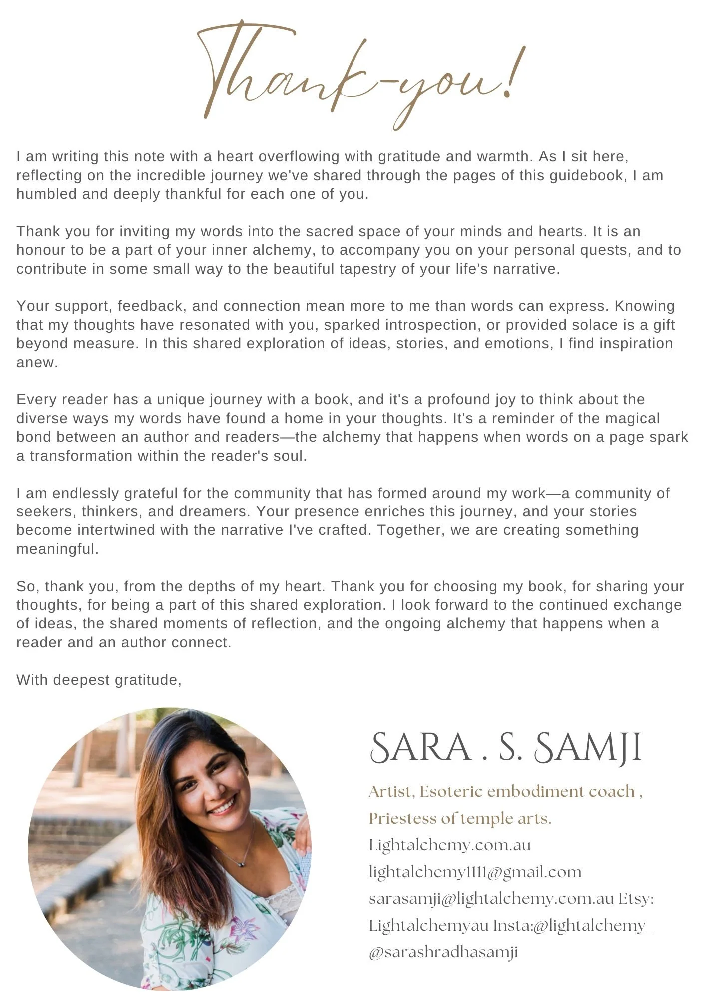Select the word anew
coord(37,362)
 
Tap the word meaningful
coord(57,549)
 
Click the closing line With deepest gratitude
coord(99,680)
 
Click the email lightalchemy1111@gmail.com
coord(475,872)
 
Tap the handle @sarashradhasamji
coord(443,952)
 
